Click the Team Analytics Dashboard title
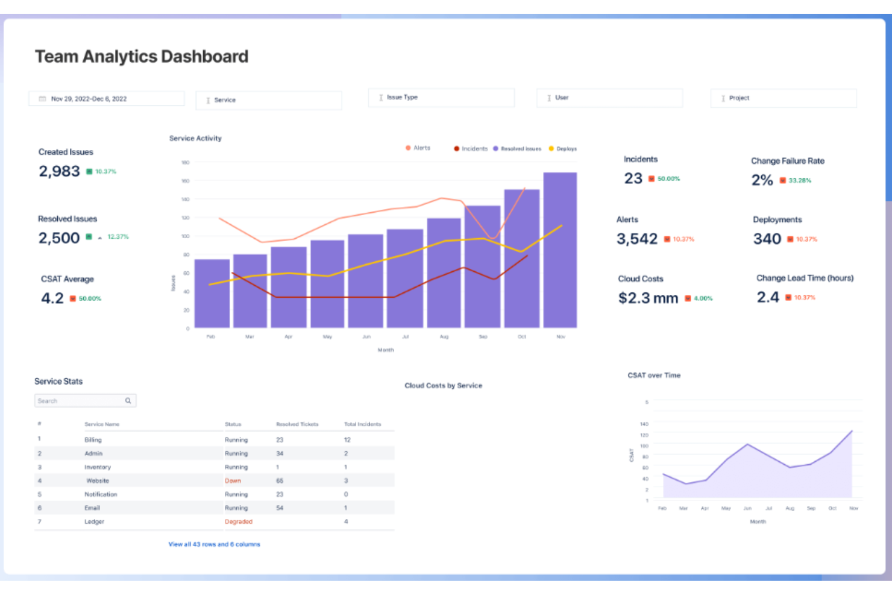142,56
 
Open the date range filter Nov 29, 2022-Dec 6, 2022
106,99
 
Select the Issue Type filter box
441,98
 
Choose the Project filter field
783,98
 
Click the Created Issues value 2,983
59,172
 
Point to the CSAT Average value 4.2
52,298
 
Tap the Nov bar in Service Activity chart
560,250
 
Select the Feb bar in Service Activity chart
212,294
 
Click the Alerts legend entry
418,148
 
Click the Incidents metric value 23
633,178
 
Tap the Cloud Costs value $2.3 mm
648,298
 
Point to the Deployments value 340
767,239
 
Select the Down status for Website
233,481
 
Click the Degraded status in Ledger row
238,522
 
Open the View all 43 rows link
214,544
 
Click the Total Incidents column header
362,424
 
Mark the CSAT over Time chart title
654,376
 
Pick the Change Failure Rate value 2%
762,180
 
